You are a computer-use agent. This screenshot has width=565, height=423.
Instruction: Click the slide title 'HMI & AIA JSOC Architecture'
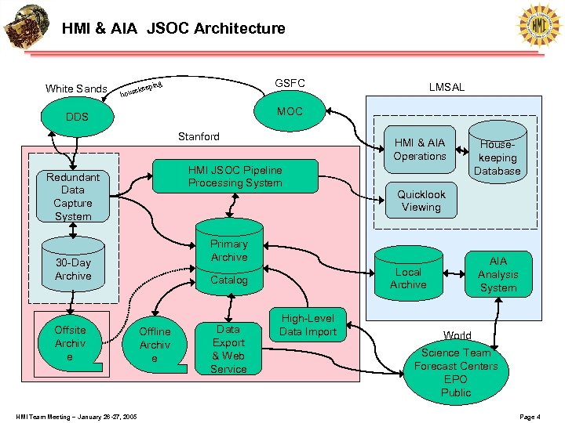[x=173, y=29]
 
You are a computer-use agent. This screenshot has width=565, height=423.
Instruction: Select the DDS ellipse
[x=77, y=117]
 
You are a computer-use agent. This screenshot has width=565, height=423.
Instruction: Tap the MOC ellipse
[x=290, y=111]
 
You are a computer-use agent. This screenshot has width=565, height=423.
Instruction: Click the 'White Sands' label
[x=76, y=89]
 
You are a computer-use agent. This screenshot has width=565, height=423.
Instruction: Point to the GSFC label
[x=290, y=83]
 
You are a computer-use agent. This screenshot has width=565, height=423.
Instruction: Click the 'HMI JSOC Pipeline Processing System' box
[x=235, y=176]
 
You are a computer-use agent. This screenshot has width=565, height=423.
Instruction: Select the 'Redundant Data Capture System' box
[x=73, y=197]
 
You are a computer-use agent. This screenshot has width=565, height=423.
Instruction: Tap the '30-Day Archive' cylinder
[x=73, y=269]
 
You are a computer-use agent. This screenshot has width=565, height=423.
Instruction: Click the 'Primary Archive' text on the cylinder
[x=228, y=251]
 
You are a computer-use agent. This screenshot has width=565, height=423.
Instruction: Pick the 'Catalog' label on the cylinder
[x=228, y=280]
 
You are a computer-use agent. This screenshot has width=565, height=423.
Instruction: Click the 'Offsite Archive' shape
[x=71, y=342]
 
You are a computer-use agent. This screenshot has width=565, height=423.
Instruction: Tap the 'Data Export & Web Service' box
[x=228, y=348]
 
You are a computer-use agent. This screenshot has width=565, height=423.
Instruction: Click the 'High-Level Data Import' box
[x=308, y=325]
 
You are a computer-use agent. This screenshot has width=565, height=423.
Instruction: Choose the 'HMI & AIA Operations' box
[x=419, y=150]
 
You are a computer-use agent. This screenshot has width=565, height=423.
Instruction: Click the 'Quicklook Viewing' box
[x=421, y=201]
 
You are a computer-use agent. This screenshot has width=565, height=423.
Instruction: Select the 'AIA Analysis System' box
[x=498, y=274]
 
